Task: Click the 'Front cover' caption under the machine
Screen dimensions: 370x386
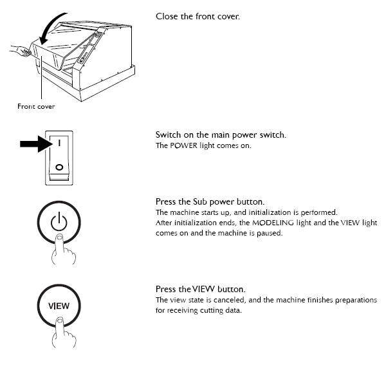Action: point(36,107)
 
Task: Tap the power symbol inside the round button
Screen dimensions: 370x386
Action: point(58,223)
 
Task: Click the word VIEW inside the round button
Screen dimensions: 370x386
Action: point(58,306)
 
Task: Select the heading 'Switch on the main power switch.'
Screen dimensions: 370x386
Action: point(220,136)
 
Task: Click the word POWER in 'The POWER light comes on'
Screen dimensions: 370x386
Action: point(182,146)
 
